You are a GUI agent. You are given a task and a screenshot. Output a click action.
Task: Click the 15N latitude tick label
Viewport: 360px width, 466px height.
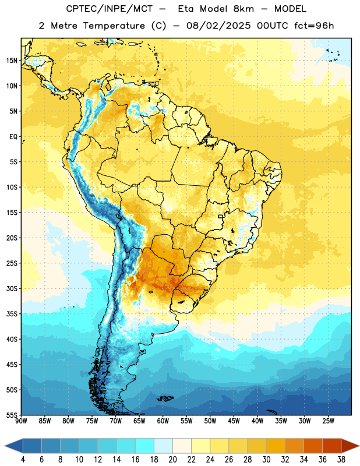12,61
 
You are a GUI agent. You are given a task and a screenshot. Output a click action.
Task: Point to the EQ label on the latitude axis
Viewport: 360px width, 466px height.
13,137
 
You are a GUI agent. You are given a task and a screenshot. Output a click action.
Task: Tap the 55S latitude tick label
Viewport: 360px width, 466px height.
12,415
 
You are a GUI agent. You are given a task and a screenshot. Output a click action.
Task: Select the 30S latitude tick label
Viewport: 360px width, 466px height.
12,288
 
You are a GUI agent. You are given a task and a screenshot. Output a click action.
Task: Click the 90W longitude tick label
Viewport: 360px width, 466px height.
21,421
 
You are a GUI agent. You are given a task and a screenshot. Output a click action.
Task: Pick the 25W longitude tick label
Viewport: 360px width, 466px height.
328,421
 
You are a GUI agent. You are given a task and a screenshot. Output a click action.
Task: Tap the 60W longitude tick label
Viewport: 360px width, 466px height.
163,421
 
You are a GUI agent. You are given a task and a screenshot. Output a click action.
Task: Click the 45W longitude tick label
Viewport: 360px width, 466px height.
234,421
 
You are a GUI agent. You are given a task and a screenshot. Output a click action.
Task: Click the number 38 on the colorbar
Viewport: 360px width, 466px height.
341,460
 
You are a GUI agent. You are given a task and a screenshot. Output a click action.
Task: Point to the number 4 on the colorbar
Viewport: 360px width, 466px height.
23,460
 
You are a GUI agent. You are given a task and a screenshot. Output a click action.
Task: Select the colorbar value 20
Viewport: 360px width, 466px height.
172,460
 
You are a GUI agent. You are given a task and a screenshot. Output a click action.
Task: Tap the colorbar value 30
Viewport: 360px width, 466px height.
266,460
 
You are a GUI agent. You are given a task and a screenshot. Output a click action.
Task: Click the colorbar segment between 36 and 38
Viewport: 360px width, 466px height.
332,446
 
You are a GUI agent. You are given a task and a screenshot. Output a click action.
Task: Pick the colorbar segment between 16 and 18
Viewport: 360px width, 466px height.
145,446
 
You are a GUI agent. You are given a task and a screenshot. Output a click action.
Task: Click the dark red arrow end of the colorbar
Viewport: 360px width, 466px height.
350,446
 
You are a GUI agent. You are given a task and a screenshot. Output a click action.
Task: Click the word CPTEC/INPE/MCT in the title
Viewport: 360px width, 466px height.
110,9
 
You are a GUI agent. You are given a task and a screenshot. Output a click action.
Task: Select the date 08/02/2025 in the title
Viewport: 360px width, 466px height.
218,26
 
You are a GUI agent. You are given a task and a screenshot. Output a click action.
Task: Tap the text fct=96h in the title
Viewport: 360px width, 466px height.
314,26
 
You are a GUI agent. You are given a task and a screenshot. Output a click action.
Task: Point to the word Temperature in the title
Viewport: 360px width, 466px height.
114,26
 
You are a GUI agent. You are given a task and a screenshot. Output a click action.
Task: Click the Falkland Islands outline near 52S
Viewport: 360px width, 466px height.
165,398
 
